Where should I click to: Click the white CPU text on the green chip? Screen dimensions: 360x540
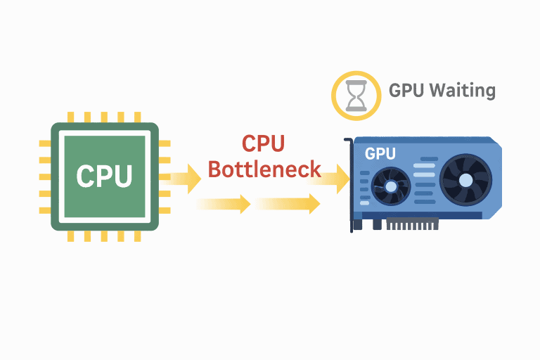[104, 176]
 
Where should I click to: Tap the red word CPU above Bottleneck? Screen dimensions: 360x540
[263, 143]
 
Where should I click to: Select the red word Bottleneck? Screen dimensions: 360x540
[264, 169]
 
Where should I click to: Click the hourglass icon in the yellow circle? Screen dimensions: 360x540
[356, 96]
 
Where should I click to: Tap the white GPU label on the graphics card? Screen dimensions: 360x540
[380, 153]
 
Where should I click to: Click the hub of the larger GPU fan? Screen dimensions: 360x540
[465, 179]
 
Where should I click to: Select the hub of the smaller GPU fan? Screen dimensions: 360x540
[390, 187]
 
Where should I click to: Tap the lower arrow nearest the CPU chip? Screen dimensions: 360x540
[224, 205]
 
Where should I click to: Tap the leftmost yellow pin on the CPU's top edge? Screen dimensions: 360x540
[70, 117]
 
